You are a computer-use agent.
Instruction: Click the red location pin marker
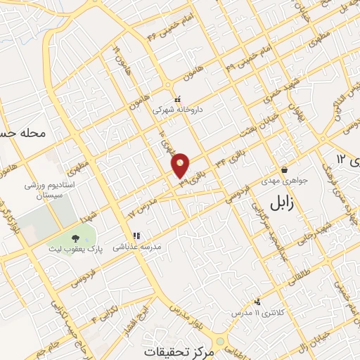tap(181, 165)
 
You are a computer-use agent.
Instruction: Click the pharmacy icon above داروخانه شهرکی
tap(177, 99)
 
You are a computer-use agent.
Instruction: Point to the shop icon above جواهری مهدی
tap(284, 169)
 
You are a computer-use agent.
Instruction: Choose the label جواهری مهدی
tap(284, 181)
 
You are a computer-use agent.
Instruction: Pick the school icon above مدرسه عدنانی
tap(136, 236)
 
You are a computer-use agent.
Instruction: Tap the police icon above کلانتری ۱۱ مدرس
tap(257, 300)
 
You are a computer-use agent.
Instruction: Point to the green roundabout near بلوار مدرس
tap(221, 342)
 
